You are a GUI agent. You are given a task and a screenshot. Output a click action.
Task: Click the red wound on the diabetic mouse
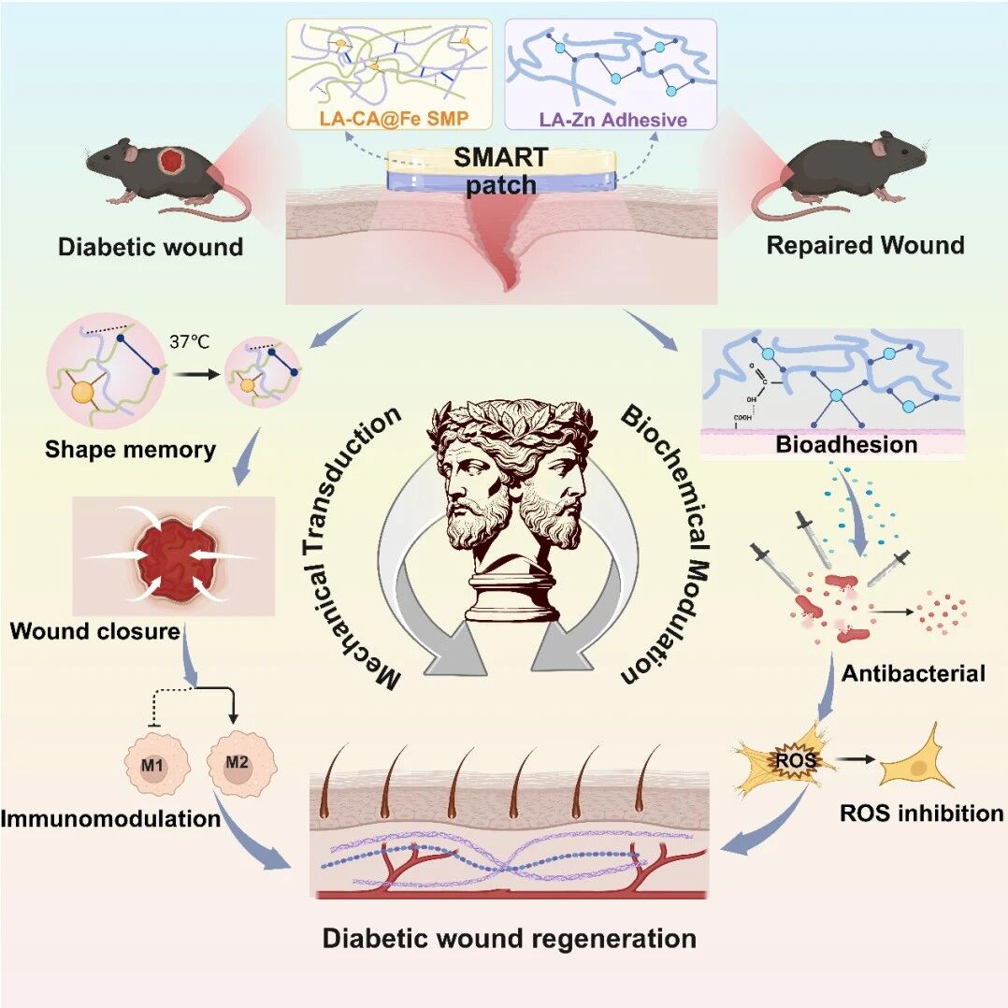click(172, 161)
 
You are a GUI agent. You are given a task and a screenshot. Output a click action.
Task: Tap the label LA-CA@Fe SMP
click(394, 119)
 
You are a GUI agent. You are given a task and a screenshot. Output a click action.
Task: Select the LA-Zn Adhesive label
click(612, 120)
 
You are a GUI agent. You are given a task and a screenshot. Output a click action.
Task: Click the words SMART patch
click(501, 171)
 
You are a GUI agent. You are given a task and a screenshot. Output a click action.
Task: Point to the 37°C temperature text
click(190, 341)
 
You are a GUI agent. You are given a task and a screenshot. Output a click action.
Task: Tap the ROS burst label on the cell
click(795, 760)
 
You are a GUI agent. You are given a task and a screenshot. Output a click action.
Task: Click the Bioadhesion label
click(846, 444)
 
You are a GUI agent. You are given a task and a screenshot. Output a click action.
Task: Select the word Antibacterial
click(913, 673)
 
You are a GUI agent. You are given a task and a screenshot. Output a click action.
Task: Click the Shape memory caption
click(131, 450)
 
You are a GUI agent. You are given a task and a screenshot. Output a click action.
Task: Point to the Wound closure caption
click(95, 630)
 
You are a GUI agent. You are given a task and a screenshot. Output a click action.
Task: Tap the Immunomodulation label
click(110, 818)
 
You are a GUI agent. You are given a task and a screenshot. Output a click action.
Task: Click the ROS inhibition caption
click(922, 814)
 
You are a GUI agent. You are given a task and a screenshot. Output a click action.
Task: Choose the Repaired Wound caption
click(865, 245)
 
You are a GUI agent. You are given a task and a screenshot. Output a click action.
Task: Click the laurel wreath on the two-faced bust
click(512, 421)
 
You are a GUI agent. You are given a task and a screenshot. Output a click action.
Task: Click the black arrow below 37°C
click(196, 373)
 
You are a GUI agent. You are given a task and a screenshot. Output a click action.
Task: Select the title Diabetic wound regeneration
click(509, 938)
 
